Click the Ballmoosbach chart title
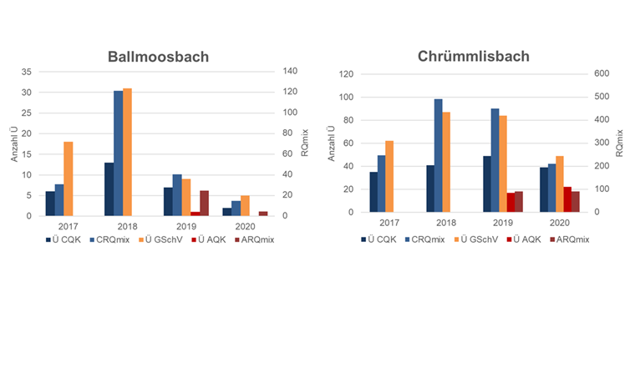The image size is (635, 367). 158,58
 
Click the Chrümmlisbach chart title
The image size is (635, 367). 473,58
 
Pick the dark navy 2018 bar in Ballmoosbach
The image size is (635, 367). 109,189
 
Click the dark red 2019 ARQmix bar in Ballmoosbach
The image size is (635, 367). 204,203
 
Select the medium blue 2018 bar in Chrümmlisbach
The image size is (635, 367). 437,155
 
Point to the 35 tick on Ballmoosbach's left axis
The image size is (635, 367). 26,72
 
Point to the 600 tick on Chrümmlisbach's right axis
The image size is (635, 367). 601,73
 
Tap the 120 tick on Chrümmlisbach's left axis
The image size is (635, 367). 345,73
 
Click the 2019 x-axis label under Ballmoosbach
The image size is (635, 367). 185,225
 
